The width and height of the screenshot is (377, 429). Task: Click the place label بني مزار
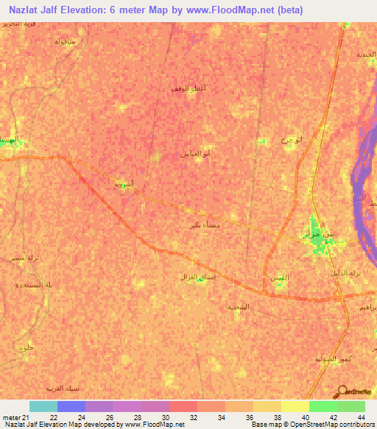click(x=318, y=234)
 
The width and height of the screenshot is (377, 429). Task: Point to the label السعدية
click(x=239, y=306)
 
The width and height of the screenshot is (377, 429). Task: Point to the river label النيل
click(x=359, y=199)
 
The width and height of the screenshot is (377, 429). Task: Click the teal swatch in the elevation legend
click(x=43, y=406)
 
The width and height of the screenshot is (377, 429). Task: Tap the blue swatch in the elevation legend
click(x=71, y=406)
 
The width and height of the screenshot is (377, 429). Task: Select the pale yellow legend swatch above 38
click(x=295, y=406)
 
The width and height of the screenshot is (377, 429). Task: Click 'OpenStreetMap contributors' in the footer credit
click(x=336, y=425)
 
